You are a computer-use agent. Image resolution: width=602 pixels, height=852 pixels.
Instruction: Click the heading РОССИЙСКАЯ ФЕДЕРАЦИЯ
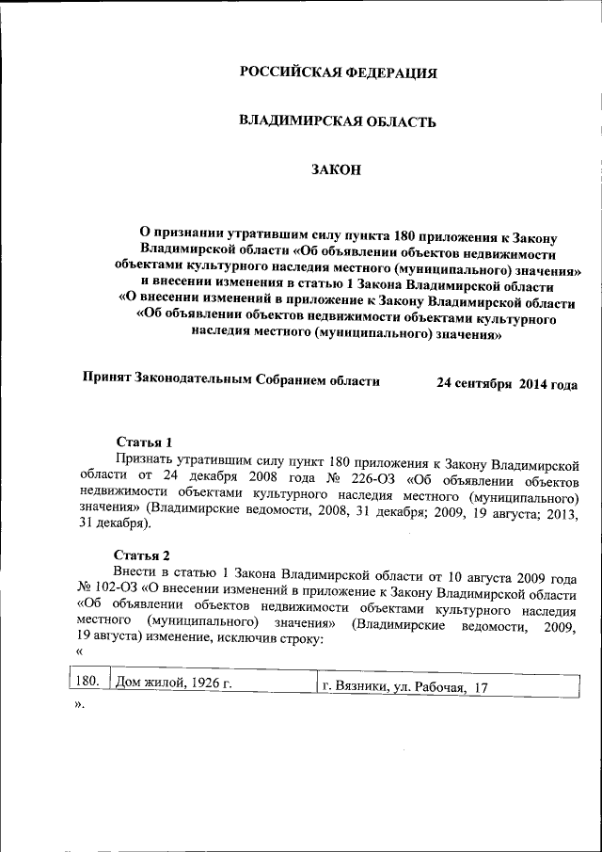coord(338,73)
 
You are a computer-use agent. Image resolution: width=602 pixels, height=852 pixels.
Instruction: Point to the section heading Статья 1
coord(144,442)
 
